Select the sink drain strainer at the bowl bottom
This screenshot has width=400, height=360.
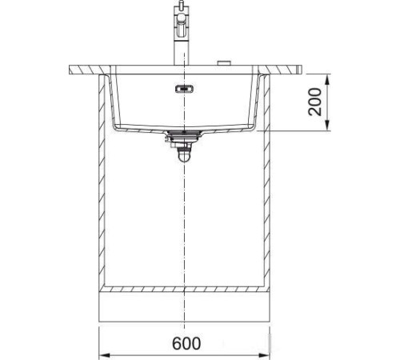(x=183, y=132)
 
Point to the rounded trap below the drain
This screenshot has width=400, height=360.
(x=183, y=157)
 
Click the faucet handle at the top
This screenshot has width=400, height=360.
(x=183, y=14)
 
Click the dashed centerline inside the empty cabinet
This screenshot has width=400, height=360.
(x=184, y=224)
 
